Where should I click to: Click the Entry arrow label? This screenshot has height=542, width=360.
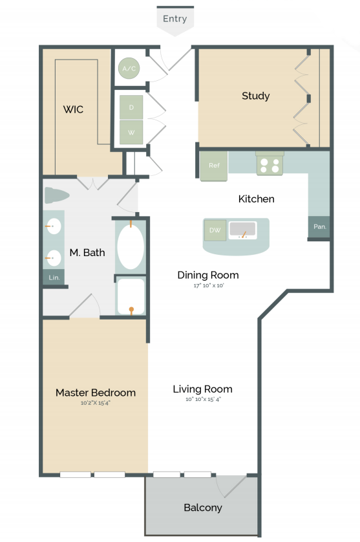click(x=175, y=19)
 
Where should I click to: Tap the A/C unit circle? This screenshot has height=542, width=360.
click(x=129, y=68)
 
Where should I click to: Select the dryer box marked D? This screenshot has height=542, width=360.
click(x=131, y=107)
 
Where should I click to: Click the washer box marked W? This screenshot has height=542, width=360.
click(x=131, y=133)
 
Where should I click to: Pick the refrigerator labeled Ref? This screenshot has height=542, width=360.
click(x=213, y=166)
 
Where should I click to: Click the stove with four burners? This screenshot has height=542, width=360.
click(x=270, y=164)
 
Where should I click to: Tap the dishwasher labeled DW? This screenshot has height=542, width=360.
click(x=215, y=230)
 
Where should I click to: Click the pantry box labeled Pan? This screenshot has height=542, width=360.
click(x=319, y=226)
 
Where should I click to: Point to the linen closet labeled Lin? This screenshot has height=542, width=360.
click(x=54, y=277)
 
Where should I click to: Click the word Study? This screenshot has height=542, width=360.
click(x=255, y=96)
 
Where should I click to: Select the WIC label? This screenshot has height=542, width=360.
click(x=73, y=109)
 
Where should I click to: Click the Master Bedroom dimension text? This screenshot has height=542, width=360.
click(x=95, y=403)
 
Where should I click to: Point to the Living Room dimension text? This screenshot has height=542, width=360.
click(x=202, y=400)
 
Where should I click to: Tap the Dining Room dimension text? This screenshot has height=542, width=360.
click(x=207, y=285)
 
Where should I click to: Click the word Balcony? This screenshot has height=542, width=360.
click(x=202, y=508)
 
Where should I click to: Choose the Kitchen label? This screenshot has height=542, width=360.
click(x=256, y=199)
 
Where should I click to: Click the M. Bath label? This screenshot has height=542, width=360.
click(x=87, y=252)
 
